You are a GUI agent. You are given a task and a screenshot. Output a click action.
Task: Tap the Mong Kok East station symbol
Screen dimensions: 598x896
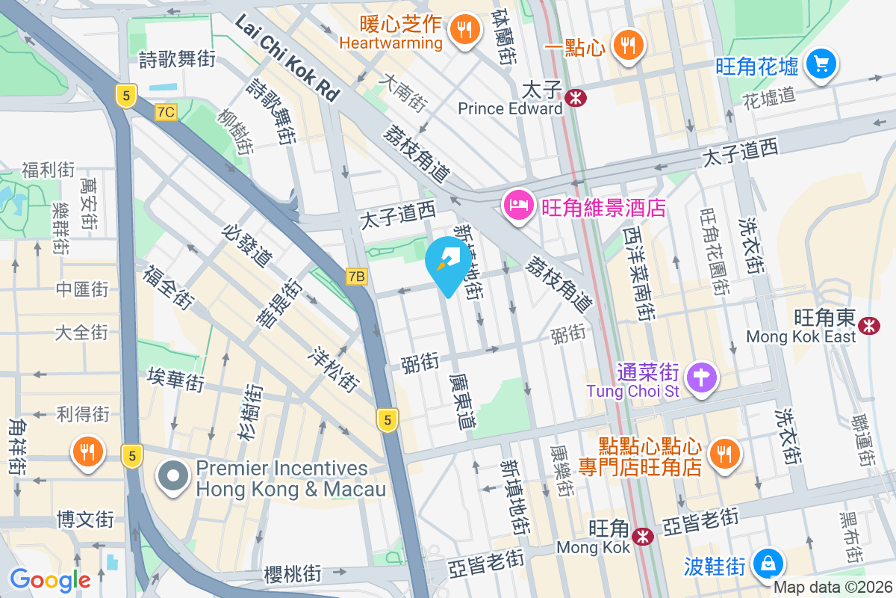coord(868,325)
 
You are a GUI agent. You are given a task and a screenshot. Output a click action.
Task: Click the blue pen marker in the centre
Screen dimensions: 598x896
coord(448,262)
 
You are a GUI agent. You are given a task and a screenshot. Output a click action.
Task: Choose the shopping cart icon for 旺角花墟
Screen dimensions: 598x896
coord(821,64)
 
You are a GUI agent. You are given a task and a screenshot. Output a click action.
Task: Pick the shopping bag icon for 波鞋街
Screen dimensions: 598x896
coord(767,562)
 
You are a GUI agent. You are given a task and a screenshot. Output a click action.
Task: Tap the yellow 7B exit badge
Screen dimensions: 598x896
coord(357,277)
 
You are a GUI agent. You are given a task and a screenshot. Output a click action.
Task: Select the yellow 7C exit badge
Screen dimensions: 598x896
coord(166,112)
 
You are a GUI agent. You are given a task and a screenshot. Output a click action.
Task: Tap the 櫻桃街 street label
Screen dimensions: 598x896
coord(293,574)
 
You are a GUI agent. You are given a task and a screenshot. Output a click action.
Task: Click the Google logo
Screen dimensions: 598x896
coord(50,579)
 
